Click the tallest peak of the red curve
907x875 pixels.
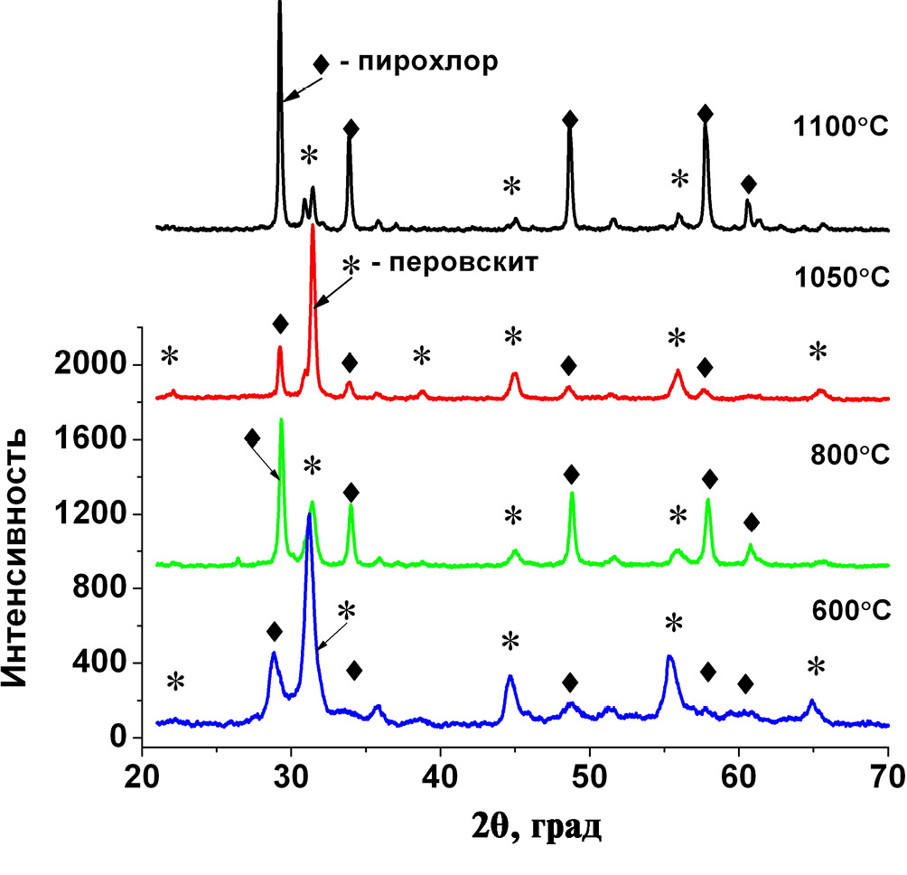click(x=313, y=226)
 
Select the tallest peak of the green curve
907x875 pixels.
click(x=282, y=420)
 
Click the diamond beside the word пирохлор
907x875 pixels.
click(x=321, y=64)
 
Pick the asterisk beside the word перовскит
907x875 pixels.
click(x=351, y=265)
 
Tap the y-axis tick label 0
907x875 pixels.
click(x=120, y=739)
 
